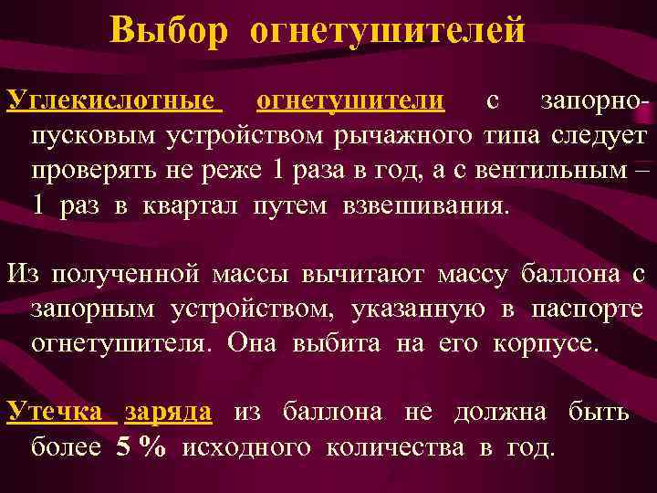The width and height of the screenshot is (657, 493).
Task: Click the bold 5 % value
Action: coord(141,447)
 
